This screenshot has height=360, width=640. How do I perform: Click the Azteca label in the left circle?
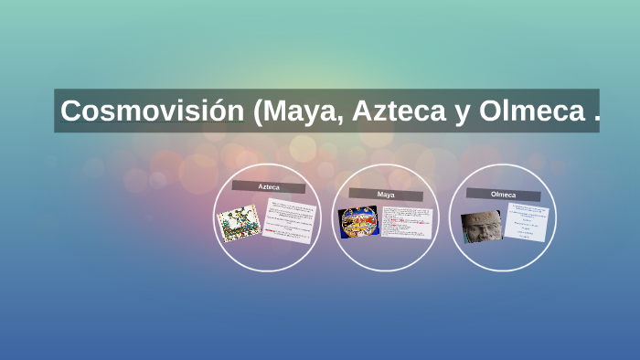click(x=268, y=186)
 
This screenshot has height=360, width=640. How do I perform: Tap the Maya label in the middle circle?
click(x=385, y=195)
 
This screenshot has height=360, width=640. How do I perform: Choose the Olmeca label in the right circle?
click(x=503, y=195)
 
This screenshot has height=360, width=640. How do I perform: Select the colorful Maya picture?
click(x=357, y=221)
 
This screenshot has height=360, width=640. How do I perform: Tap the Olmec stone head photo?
click(x=481, y=227)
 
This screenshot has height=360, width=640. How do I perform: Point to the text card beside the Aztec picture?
click(x=289, y=222)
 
